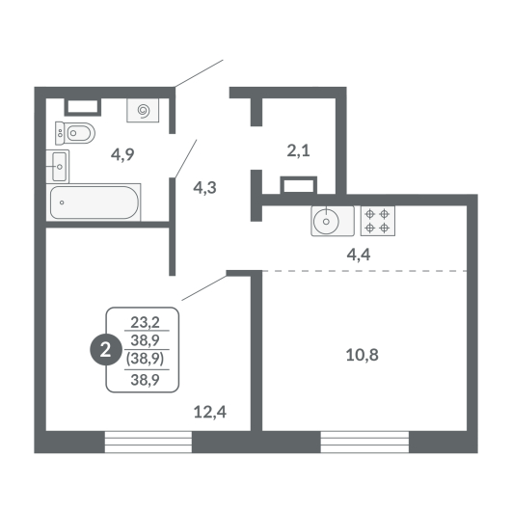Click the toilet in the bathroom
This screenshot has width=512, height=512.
point(75,133)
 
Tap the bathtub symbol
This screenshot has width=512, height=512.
point(94,202)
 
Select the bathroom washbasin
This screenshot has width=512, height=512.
point(58,167)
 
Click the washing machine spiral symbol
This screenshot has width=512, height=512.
point(143,110)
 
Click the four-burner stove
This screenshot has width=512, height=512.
point(378,221)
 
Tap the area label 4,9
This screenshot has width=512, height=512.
point(122,154)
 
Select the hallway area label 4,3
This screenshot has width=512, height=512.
point(204,188)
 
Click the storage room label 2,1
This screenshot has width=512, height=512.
point(299,150)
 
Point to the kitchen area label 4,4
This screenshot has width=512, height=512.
point(359,255)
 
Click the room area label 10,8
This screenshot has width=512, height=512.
point(363,355)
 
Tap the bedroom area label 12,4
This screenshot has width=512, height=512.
point(210,412)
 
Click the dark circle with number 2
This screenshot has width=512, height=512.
point(105,351)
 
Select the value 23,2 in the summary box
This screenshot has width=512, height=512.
point(146,323)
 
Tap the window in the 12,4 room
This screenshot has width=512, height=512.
point(148,442)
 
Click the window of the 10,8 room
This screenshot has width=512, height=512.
point(364,442)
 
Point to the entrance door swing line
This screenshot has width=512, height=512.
point(199,73)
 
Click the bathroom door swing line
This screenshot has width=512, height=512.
point(186,159)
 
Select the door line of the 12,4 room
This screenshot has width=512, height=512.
point(204,287)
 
